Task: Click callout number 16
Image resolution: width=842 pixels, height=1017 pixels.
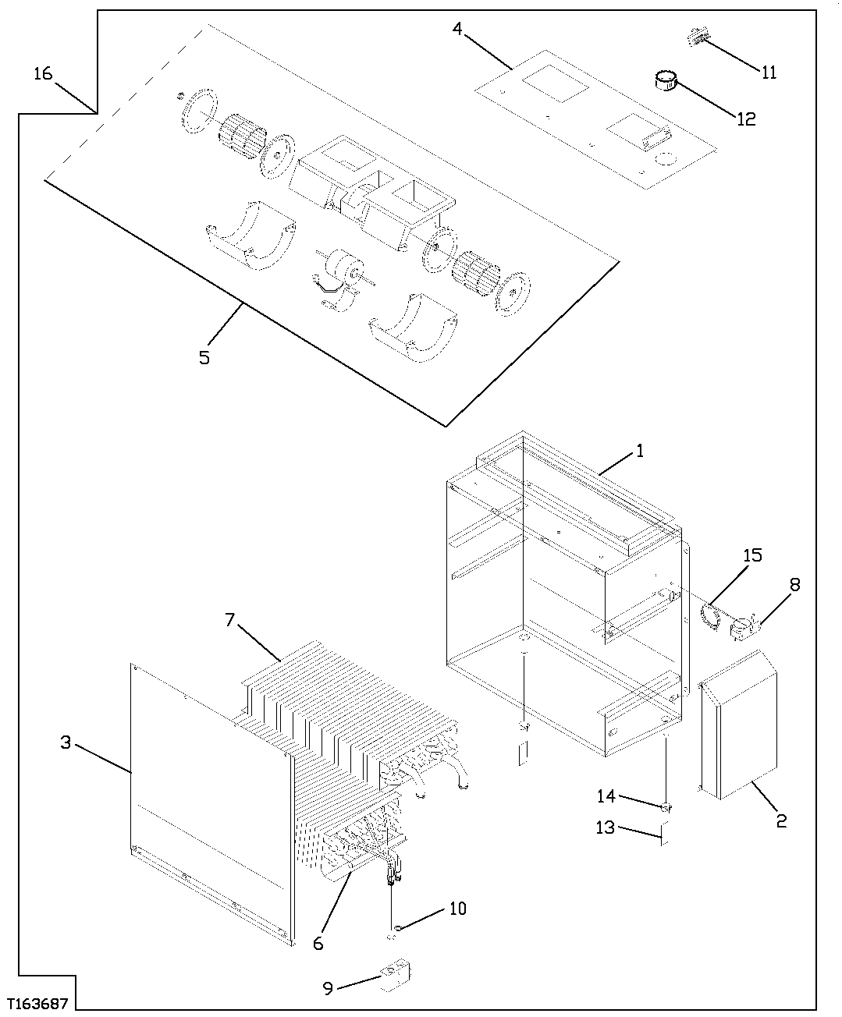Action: (43, 73)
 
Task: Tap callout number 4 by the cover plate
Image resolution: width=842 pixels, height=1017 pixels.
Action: (457, 30)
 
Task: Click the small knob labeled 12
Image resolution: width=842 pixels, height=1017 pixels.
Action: (666, 80)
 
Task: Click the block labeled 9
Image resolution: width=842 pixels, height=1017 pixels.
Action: (396, 976)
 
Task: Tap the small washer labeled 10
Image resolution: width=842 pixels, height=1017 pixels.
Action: (398, 928)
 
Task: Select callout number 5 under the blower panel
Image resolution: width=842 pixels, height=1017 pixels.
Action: (204, 358)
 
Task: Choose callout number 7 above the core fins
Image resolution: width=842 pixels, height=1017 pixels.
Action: (229, 619)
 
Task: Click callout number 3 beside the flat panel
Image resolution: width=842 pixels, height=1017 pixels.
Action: (66, 742)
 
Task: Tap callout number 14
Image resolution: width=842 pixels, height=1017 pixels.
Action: (606, 796)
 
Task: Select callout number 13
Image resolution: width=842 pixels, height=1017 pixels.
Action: (606, 828)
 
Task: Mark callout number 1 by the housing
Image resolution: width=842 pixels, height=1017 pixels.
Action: (639, 451)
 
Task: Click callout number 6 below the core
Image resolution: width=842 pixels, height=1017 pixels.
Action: (318, 943)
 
